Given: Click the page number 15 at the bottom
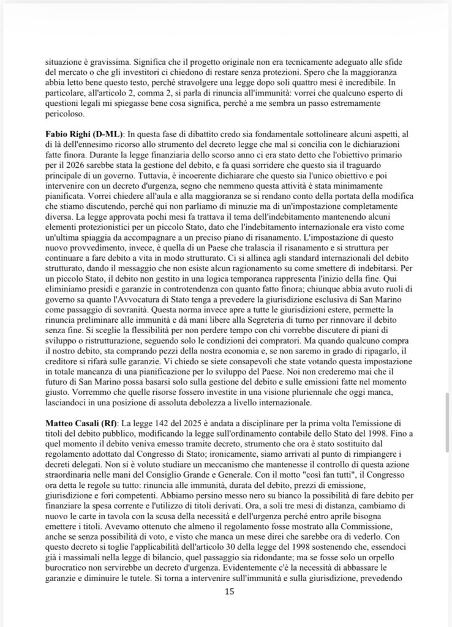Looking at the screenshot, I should [x=230, y=591].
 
